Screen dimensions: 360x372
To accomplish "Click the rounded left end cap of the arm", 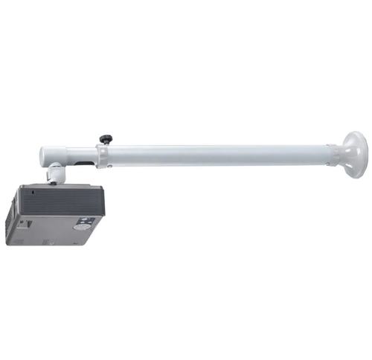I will pyautogui.click(x=45, y=155).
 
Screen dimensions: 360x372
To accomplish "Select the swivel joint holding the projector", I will pyautogui.click(x=56, y=176).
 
